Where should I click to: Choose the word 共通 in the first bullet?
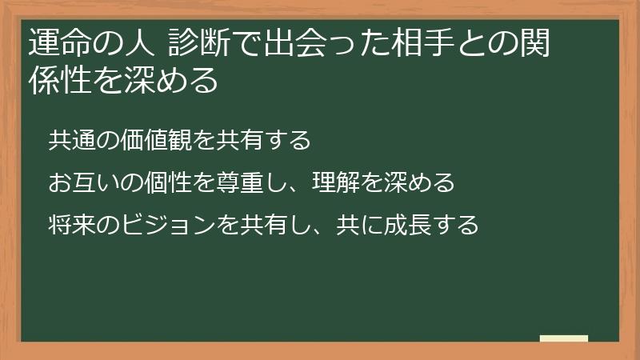70,141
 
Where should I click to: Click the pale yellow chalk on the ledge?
564,338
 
